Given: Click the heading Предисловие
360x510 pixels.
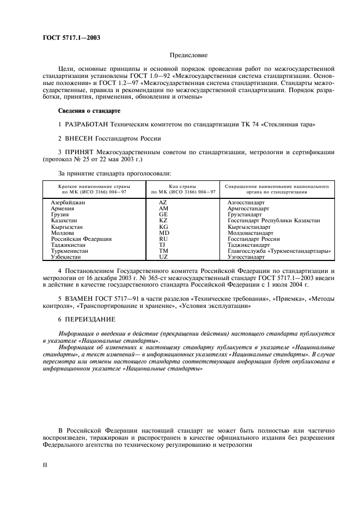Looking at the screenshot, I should (188, 56).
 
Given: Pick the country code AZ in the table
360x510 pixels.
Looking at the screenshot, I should (163, 202).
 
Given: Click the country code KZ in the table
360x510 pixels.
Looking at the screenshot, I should (163, 220).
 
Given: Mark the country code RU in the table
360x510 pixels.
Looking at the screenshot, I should (163, 238).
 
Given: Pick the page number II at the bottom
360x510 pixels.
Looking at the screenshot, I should (45, 465).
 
